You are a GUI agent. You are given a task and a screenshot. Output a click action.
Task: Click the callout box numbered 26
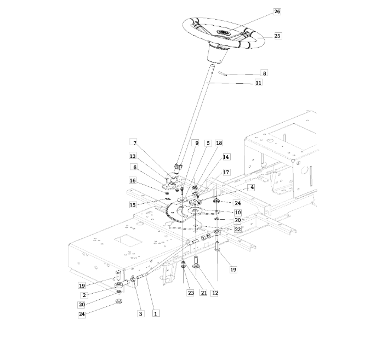pyautogui.click(x=277, y=12)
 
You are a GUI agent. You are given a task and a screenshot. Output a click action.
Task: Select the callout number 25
pyautogui.click(x=277, y=36)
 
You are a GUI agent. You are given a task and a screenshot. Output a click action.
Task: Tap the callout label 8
pyautogui.click(x=264, y=73)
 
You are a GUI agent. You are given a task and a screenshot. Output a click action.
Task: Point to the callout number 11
pyautogui.click(x=259, y=83)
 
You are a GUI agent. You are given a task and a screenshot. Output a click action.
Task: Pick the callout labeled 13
pyautogui.click(x=133, y=156)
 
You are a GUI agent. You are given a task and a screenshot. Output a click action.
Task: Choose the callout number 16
pyautogui.click(x=133, y=180)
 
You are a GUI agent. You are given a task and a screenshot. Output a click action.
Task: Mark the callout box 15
pyautogui.click(x=133, y=204)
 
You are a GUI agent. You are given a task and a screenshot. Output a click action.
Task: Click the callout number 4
pyautogui.click(x=251, y=187)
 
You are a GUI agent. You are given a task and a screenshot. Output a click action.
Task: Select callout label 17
pyautogui.click(x=226, y=172)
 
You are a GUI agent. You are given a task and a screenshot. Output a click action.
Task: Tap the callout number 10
pyautogui.click(x=237, y=213)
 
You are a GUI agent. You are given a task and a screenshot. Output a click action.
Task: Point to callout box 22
pyautogui.click(x=237, y=229)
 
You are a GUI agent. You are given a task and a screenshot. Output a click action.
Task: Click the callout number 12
pyautogui.click(x=215, y=293)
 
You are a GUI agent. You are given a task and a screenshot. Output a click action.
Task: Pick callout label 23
pyautogui.click(x=191, y=293)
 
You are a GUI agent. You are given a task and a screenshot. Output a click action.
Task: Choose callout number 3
pyautogui.click(x=140, y=314)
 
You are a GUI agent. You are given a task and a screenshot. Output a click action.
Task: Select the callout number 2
pyautogui.click(x=84, y=295)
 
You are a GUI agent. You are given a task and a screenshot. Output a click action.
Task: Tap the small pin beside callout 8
pyautogui.click(x=223, y=73)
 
